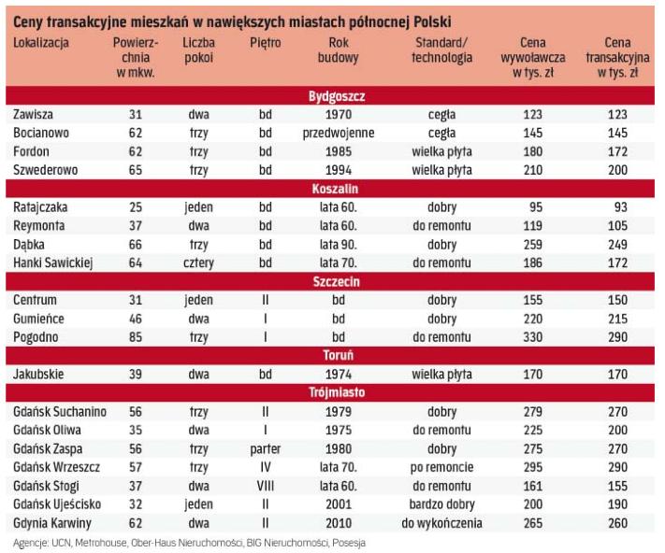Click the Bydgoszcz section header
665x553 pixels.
(x=336, y=96)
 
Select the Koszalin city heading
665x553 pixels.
(x=336, y=190)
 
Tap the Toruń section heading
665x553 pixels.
(x=336, y=354)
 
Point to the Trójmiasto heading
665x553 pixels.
(x=336, y=392)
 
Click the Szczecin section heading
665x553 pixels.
(x=336, y=281)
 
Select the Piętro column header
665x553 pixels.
(x=265, y=44)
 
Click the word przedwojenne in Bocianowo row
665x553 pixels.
(x=339, y=133)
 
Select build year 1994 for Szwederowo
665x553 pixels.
(x=339, y=170)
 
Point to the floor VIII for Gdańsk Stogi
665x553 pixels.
(x=265, y=485)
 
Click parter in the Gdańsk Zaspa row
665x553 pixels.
(x=265, y=448)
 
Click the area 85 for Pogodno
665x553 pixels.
(x=135, y=335)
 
